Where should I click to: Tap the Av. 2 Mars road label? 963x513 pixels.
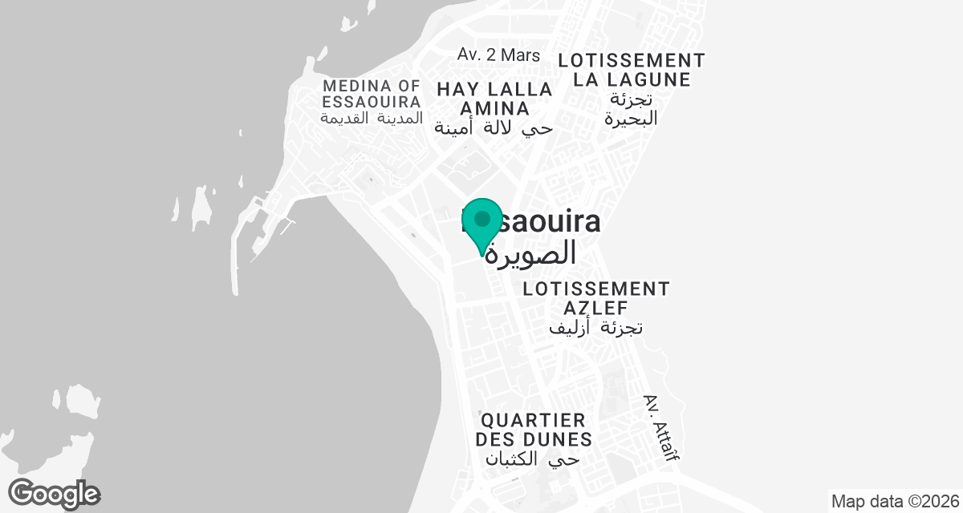click(498, 55)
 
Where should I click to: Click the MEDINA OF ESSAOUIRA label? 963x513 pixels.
click(372, 94)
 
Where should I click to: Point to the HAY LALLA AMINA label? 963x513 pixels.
click(494, 99)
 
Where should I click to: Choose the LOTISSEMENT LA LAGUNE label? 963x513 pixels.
click(632, 70)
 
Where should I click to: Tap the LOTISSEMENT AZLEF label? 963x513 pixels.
click(595, 298)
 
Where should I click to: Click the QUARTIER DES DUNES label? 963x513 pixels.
click(534, 430)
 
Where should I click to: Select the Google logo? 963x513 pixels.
click(54, 493)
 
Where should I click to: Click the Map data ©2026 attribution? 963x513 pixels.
click(895, 502)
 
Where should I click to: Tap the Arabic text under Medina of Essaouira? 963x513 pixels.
click(371, 118)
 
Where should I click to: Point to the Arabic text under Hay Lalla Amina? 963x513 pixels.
click(494, 127)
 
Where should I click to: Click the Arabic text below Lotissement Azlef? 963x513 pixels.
click(596, 327)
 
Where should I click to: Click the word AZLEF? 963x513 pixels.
click(595, 308)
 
